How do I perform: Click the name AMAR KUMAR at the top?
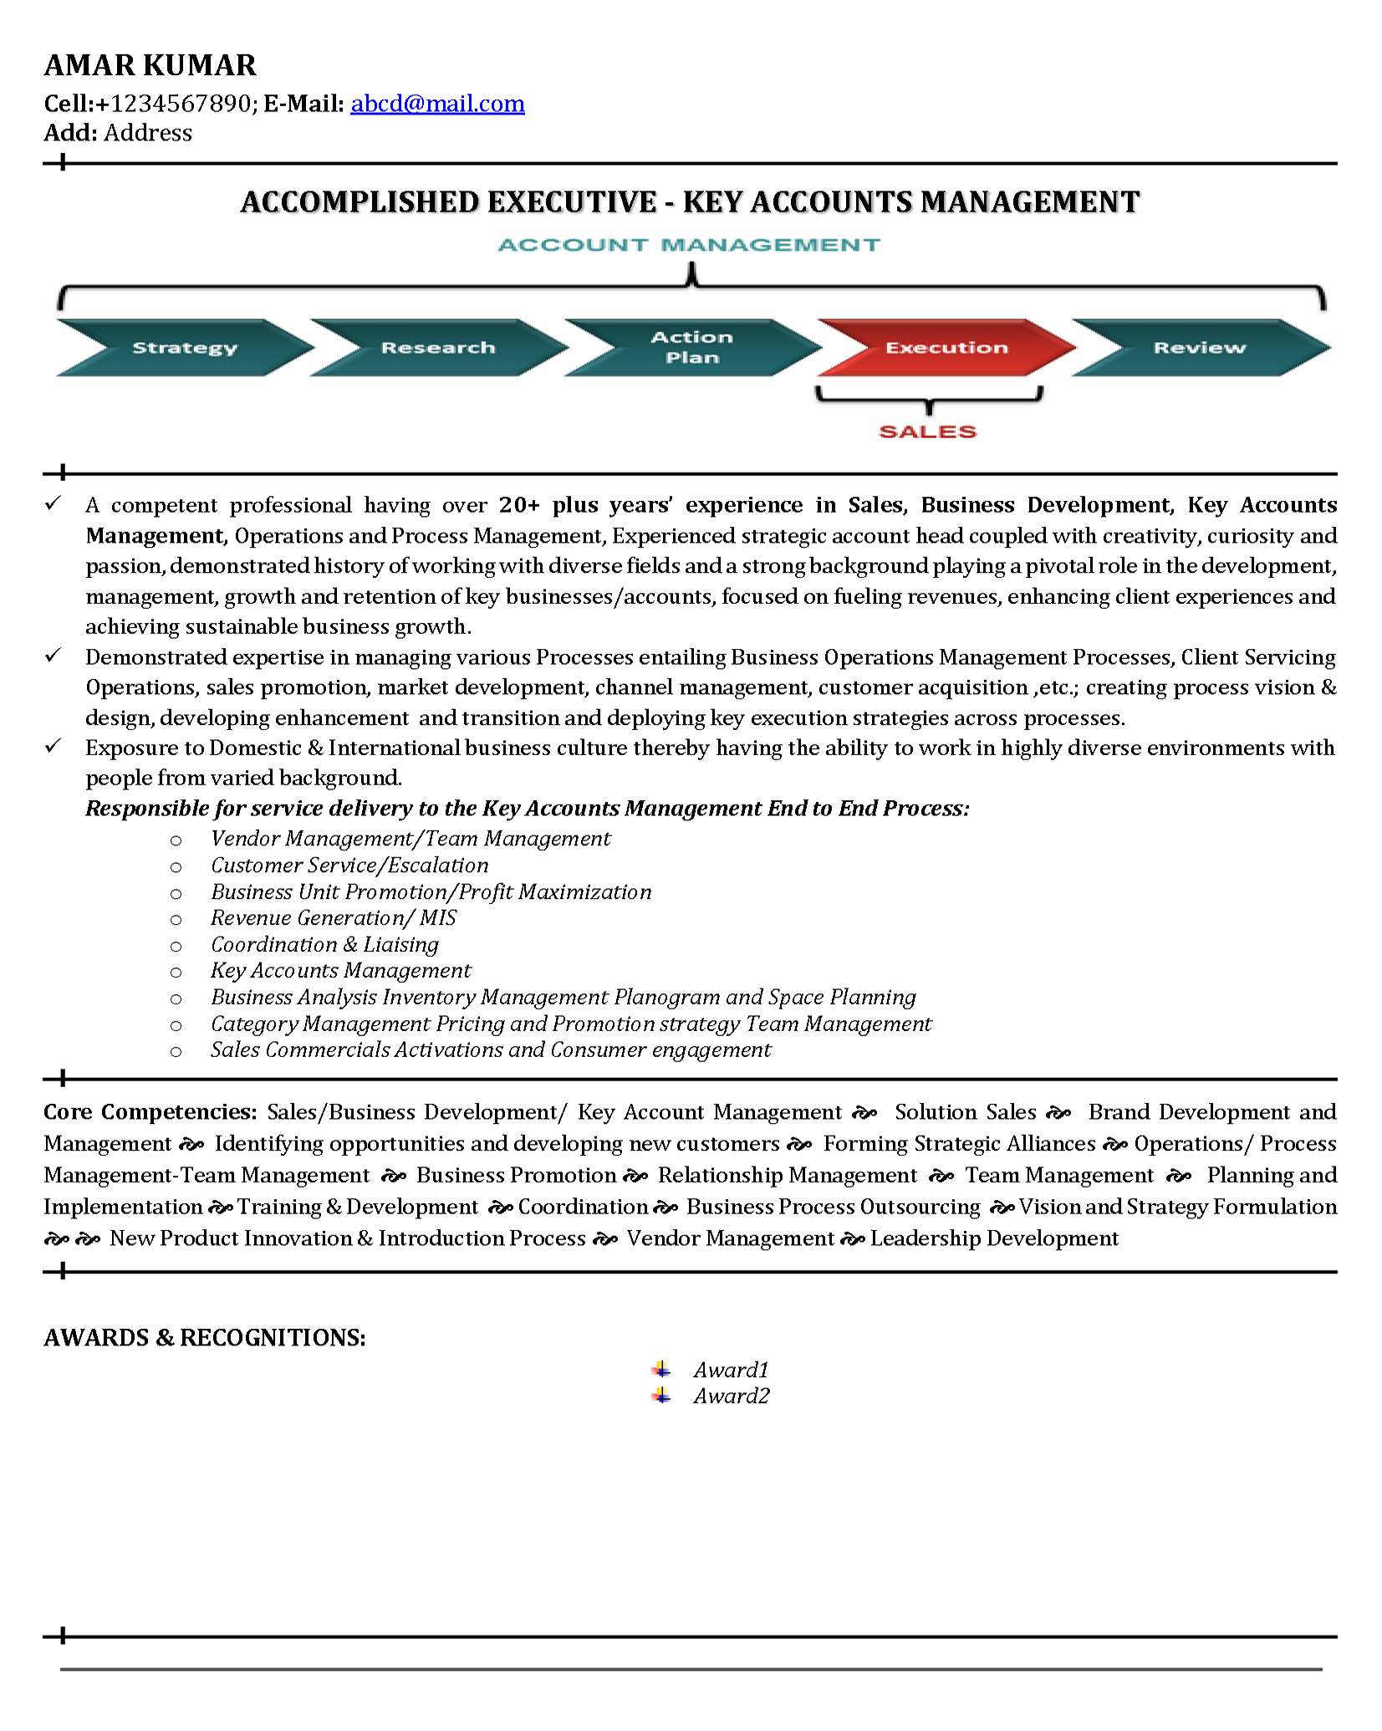(x=150, y=65)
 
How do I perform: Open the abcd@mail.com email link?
(x=437, y=104)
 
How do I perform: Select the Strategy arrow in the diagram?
(x=185, y=348)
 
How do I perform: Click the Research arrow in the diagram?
(x=438, y=348)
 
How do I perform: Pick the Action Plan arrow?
(x=692, y=348)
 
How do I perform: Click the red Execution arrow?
(x=946, y=348)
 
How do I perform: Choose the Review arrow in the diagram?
(x=1200, y=348)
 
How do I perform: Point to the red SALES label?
(x=928, y=431)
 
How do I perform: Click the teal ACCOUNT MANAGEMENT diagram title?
(x=689, y=245)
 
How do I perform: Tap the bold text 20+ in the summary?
(x=519, y=505)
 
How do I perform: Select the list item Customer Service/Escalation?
(x=349, y=865)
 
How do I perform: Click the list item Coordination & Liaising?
(x=324, y=945)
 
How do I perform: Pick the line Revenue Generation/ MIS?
(x=333, y=918)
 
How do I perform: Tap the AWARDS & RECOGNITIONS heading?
(x=205, y=1338)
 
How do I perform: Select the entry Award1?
(x=731, y=1370)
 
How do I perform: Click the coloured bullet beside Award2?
(x=661, y=1396)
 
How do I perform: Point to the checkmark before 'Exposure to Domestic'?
(x=54, y=746)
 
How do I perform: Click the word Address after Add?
(x=148, y=133)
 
